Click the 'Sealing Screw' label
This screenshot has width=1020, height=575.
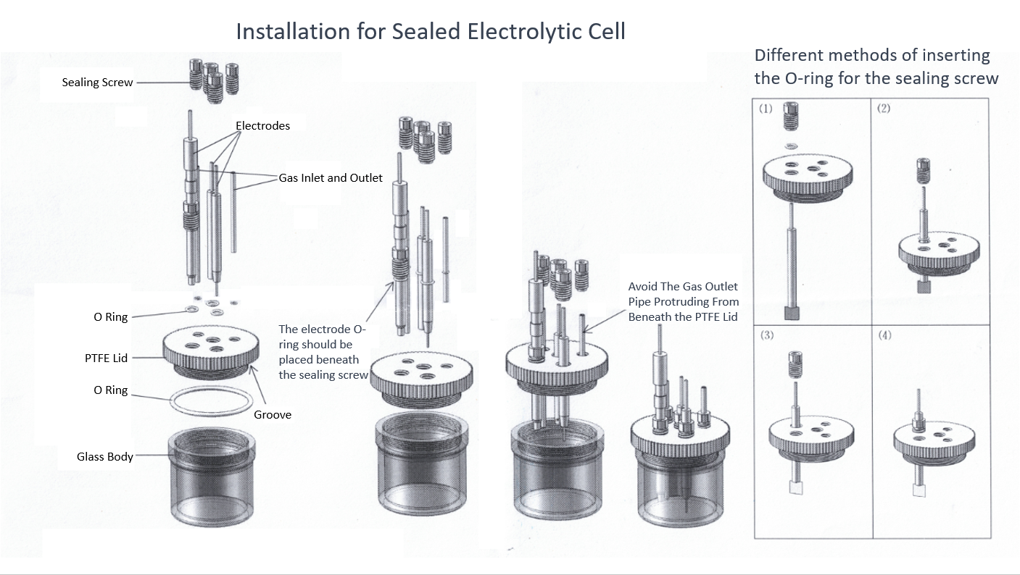click(x=97, y=83)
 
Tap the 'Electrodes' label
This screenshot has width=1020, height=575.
click(x=262, y=126)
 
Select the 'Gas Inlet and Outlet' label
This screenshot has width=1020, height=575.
click(x=331, y=177)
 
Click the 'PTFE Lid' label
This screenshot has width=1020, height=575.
click(x=106, y=358)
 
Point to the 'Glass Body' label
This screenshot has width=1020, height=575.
click(x=105, y=457)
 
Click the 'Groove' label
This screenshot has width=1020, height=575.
click(x=273, y=415)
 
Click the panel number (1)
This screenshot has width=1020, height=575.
click(x=766, y=109)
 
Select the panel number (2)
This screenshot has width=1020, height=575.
click(x=883, y=109)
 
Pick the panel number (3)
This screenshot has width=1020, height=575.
click(x=766, y=335)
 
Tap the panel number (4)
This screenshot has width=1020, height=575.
click(x=884, y=335)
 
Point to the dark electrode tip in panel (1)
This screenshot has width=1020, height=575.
click(x=791, y=312)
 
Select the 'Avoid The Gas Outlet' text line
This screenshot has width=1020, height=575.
click(x=682, y=287)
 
